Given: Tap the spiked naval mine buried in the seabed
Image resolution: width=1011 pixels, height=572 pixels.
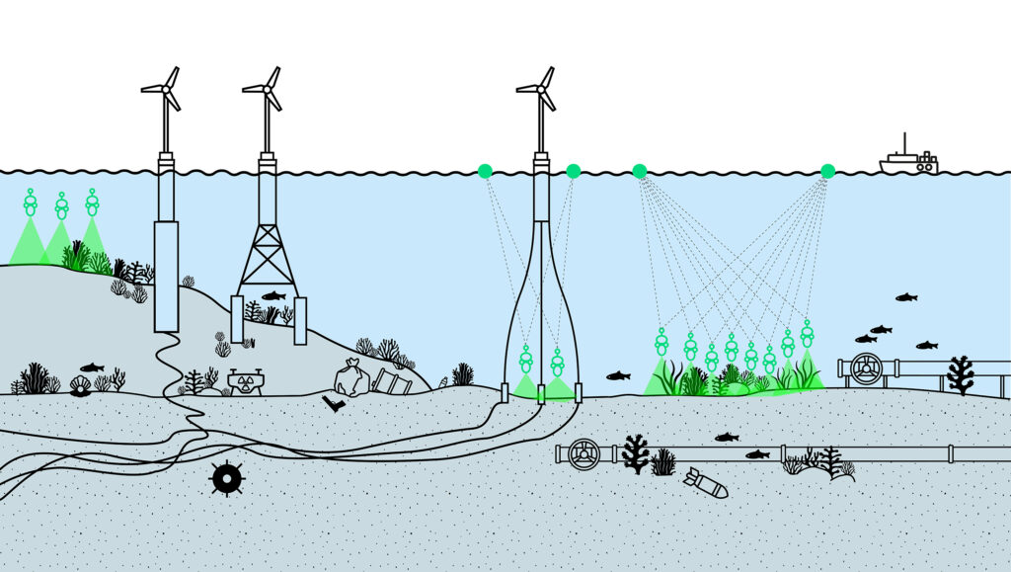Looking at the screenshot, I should tap(227, 478).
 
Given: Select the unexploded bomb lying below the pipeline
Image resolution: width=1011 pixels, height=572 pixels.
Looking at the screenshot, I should tap(705, 483).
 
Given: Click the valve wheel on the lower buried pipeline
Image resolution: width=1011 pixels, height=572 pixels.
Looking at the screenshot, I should tap(584, 453).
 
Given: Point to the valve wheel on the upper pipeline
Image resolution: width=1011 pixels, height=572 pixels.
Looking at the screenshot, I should tap(866, 368).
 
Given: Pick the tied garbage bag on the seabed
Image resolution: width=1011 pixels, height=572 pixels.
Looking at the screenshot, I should tap(351, 378).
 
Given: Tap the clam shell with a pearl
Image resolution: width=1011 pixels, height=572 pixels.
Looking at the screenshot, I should tap(80, 385).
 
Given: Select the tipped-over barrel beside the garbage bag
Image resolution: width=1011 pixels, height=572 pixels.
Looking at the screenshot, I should tap(391, 381).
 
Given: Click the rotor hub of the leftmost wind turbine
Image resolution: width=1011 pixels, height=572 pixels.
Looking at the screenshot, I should tap(165, 88).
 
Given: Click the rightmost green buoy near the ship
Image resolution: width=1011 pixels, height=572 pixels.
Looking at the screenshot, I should tap(827, 171).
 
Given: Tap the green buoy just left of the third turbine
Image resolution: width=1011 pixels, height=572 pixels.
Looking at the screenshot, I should tap(485, 171).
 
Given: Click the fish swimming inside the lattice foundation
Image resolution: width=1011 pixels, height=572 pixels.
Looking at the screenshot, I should tap(273, 295).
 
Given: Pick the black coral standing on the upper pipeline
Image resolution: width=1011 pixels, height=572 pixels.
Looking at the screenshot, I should tap(960, 374).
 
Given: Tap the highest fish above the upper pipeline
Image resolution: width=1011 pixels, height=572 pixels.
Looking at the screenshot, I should tap(905, 297).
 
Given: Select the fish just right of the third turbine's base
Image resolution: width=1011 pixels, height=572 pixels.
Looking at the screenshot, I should tap(618, 375).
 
